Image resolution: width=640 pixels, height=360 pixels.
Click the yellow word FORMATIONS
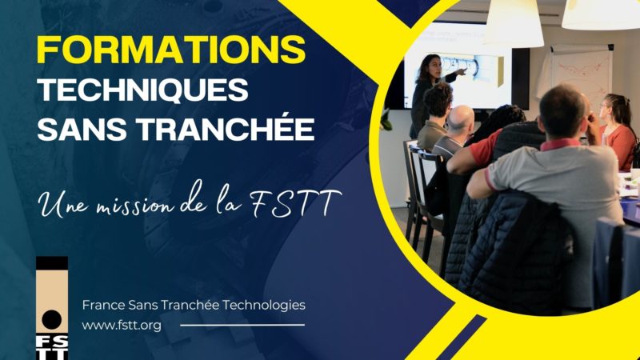tap(171, 50)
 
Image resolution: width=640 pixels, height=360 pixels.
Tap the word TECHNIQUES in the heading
tap(143, 90)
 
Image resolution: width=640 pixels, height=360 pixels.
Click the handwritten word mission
tap(136, 204)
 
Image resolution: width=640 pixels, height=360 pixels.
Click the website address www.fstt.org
tap(122, 326)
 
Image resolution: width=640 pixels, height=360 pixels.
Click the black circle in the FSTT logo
tap(52, 319)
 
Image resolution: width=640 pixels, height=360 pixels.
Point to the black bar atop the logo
tap(52, 263)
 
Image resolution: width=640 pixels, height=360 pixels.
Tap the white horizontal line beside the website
tap(242, 326)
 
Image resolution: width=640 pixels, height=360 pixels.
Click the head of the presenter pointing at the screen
tap(431, 66)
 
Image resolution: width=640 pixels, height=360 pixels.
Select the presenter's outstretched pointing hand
tap(462, 72)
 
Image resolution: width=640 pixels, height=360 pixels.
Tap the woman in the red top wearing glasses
tap(618, 130)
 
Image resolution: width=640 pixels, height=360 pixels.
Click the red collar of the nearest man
tap(559, 144)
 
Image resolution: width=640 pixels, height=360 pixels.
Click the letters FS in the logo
tap(52, 342)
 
